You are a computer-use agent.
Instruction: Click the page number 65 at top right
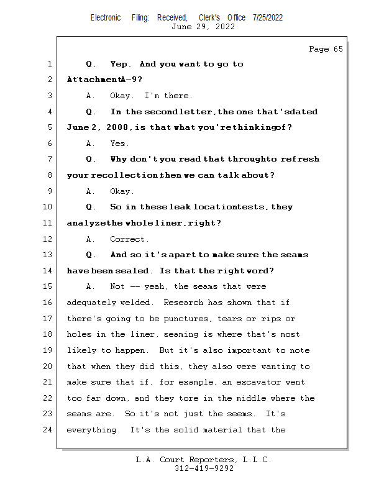pos(338,49)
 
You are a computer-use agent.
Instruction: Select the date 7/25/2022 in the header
pos(268,18)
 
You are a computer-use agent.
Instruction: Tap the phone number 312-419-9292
pos(204,468)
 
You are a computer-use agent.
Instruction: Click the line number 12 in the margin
pos(48,239)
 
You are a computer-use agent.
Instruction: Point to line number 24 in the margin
pos(48,430)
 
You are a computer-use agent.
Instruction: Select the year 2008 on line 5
pos(117,127)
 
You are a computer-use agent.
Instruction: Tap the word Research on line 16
pos(183,303)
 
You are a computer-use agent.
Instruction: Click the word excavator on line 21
pos(258,382)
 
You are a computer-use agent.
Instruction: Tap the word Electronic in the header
pos(106,18)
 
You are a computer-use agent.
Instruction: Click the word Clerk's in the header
pos(209,18)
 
